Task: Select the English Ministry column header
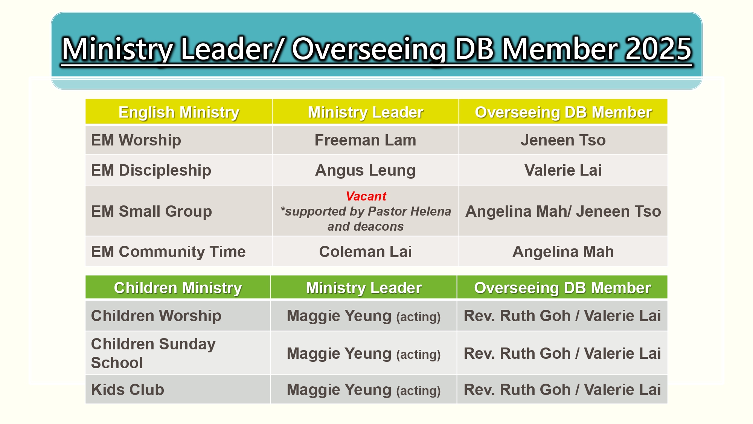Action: (179, 112)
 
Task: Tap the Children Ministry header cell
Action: (178, 288)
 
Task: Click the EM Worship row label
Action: (136, 140)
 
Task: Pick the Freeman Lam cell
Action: (365, 140)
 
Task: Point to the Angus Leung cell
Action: (365, 170)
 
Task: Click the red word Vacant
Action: (366, 196)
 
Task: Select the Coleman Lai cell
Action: (365, 252)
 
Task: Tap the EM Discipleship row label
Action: (151, 170)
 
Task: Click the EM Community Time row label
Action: (168, 252)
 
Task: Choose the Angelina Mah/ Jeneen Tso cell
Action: (563, 211)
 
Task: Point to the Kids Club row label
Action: (128, 390)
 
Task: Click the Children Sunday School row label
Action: (153, 353)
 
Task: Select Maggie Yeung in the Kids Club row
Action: (339, 390)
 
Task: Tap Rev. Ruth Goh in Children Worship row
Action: (517, 316)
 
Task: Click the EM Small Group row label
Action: (151, 211)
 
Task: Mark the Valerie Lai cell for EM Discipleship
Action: (563, 170)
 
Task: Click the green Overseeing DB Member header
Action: (562, 288)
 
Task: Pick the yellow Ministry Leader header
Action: (365, 112)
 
